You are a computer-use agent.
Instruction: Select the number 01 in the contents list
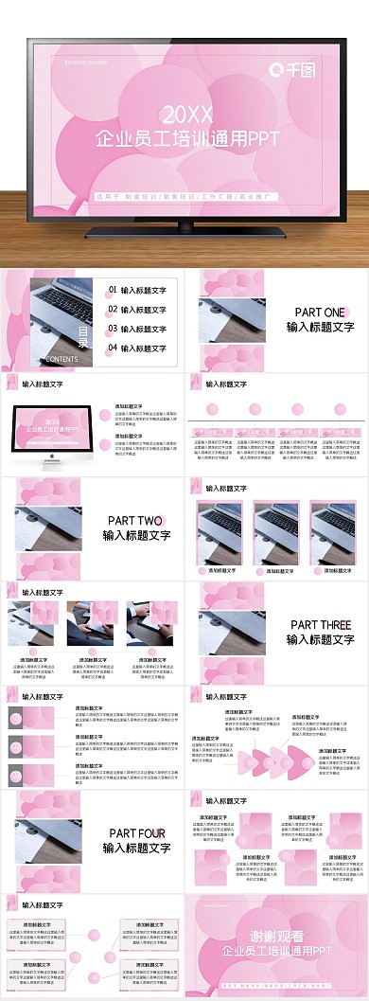pos(113,290)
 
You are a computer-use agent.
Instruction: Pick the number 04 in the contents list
pos(113,348)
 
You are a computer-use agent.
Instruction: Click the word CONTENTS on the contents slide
pos(61,360)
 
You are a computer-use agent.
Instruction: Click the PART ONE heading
pos(320,312)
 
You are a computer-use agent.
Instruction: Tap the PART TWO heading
pos(135,520)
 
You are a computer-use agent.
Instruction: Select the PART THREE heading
pos(320,624)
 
